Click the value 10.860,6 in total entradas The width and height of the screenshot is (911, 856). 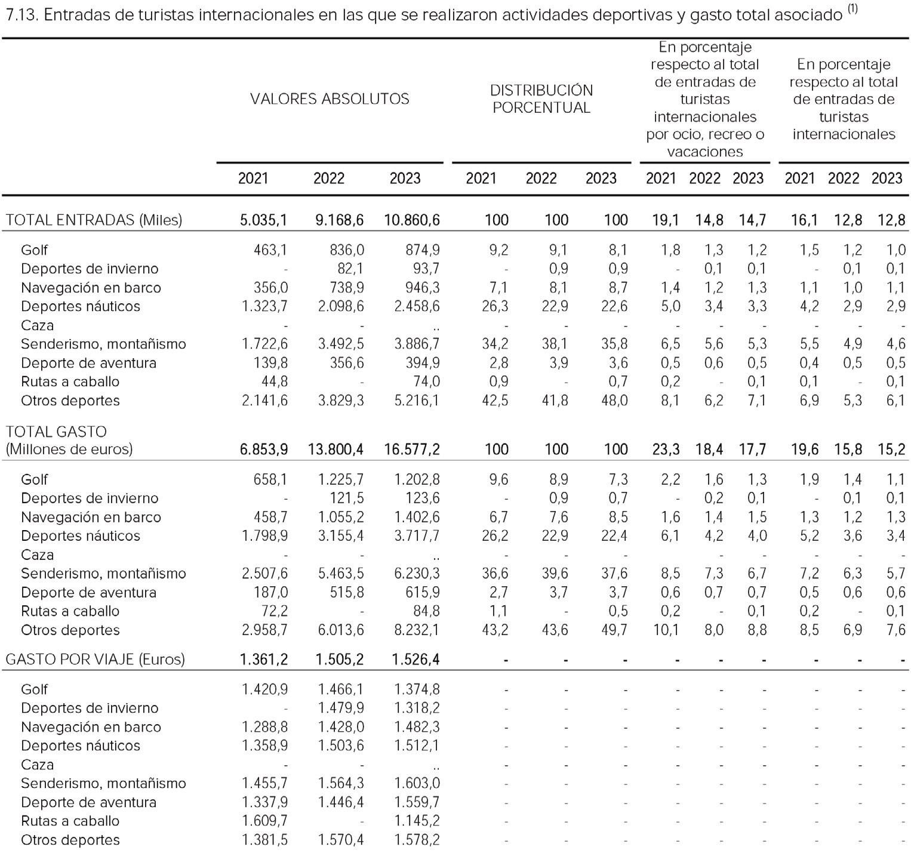coord(411,220)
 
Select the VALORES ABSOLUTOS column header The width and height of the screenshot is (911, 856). coord(330,98)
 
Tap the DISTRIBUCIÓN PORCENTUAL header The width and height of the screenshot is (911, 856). coord(541,98)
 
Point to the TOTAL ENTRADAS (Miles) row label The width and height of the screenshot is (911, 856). coord(94,220)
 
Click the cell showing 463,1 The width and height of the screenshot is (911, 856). coord(270,250)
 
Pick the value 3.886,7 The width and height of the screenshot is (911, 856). coord(417,344)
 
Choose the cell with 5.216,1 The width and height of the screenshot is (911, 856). coord(417,401)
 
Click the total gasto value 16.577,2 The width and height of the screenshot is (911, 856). coord(411,449)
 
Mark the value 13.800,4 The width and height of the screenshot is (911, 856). coord(336,449)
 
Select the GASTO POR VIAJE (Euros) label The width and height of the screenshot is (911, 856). coord(95,659)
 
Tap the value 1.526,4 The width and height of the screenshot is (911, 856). coord(417,659)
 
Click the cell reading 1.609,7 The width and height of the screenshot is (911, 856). coord(264,821)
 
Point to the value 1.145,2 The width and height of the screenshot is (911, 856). coord(417,821)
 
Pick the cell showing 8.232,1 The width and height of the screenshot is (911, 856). coord(417,630)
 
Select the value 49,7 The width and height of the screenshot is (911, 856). coord(614,630)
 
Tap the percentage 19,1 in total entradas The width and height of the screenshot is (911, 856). coord(665,220)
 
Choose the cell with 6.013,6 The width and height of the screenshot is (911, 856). coord(340,630)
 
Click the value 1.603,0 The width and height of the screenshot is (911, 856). coord(417,783)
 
